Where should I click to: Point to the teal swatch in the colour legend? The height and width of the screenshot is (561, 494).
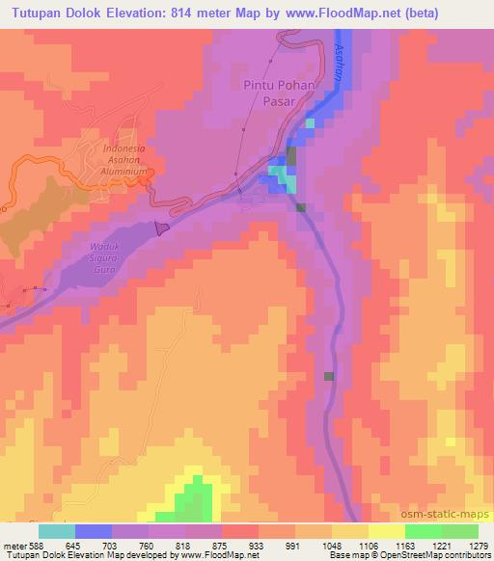(x=57, y=531)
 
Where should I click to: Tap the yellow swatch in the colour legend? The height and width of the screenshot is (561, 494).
(x=387, y=531)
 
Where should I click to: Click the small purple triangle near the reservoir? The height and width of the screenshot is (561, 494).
(x=161, y=227)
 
